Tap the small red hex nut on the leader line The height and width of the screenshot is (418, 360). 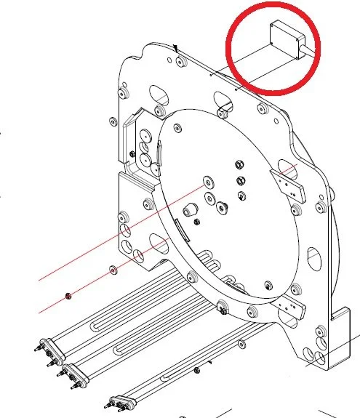68,295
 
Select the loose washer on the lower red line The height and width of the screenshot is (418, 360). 113,271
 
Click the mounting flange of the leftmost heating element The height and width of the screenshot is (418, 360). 46,348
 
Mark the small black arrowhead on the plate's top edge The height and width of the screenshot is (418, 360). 177,47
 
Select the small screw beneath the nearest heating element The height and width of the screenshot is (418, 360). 196,370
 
